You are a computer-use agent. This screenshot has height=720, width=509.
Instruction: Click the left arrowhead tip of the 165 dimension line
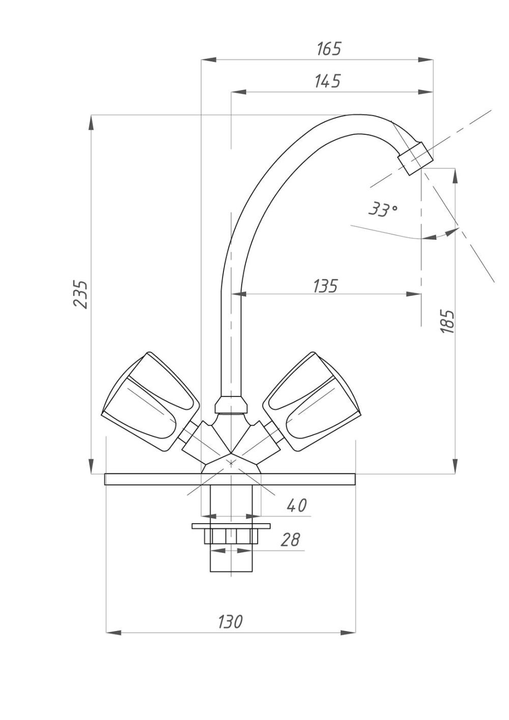click(201, 60)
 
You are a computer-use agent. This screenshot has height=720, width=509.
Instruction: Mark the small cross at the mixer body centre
click(231, 463)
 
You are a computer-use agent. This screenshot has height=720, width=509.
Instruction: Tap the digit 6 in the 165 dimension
click(328, 49)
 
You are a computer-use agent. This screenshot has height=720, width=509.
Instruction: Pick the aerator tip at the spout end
click(416, 158)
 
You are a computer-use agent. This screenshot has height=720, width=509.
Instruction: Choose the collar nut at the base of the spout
click(231, 405)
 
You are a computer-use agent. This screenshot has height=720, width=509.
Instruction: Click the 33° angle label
click(383, 210)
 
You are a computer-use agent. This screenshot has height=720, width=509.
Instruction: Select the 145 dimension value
click(327, 81)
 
